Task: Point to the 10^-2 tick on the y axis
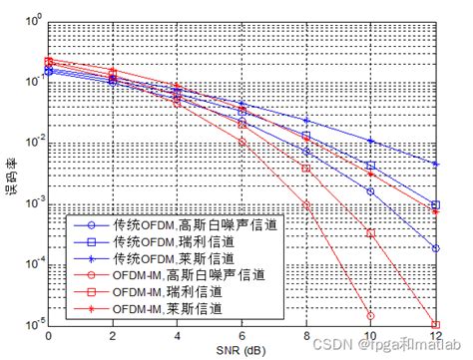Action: (32, 142)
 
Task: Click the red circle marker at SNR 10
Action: (371, 316)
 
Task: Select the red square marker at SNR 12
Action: (436, 324)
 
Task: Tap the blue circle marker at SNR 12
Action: (436, 248)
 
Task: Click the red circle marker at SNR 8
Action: (306, 205)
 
